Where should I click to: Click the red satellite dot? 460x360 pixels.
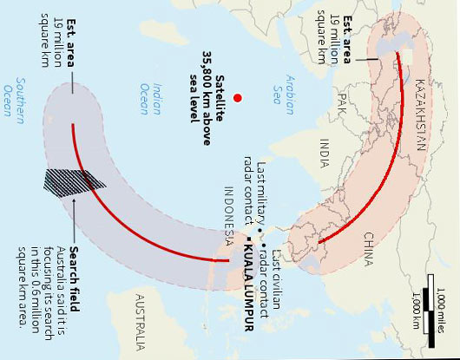pyautogui.click(x=235, y=99)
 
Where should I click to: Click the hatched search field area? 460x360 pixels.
pyautogui.click(x=73, y=179)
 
